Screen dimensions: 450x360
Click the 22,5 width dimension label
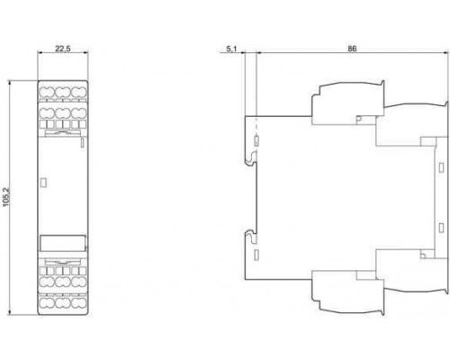[63, 49]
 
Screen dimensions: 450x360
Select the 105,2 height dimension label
[6, 197]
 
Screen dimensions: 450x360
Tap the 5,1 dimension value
[231, 49]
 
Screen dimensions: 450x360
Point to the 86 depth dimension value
[352, 49]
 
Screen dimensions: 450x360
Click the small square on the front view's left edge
[43, 183]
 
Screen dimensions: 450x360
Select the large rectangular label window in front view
[63, 243]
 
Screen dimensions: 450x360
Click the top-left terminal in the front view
[47, 93]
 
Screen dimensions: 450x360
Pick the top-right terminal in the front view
[78, 93]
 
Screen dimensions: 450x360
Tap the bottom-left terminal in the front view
[47, 303]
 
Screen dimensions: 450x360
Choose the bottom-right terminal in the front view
[78, 303]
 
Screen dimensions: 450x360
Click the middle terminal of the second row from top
[63, 113]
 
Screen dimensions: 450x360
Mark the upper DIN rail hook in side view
[251, 158]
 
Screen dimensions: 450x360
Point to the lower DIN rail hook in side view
[251, 237]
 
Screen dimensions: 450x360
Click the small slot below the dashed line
[256, 141]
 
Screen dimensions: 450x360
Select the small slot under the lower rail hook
[256, 255]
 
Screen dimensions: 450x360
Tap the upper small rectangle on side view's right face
[441, 167]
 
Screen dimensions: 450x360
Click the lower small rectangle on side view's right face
[441, 228]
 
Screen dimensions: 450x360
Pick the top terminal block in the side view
[348, 103]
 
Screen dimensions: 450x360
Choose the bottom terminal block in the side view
[348, 293]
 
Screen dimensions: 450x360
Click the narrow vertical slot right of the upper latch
[83, 143]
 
